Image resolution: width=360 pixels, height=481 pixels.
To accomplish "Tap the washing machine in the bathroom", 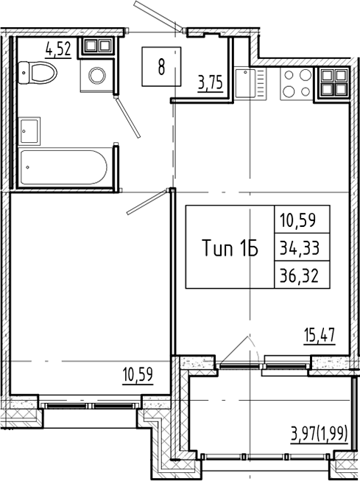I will click(96, 75).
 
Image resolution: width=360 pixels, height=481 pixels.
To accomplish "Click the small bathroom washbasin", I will click(30, 130).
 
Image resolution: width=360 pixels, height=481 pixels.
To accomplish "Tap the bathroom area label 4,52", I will click(58, 50).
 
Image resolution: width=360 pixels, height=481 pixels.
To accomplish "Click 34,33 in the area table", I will click(303, 247).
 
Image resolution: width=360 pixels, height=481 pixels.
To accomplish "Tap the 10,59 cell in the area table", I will click(303, 220).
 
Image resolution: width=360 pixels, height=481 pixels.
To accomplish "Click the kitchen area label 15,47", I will click(320, 336).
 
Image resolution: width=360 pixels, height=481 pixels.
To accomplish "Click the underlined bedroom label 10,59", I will click(138, 374).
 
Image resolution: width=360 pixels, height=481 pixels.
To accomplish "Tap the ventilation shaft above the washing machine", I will click(96, 46).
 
